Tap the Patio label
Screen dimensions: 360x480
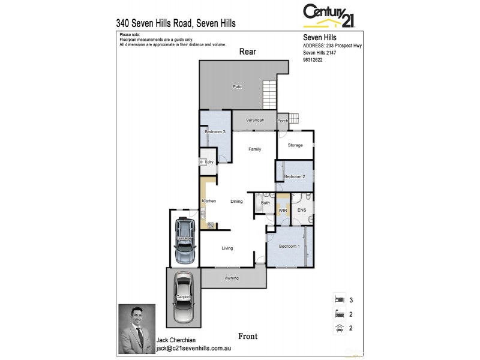[238, 87]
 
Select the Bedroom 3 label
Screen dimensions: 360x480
[215, 131]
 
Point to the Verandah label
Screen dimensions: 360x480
[255, 120]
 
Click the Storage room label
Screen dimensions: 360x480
[295, 145]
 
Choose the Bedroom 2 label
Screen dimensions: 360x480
[295, 176]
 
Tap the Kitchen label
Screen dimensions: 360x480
[209, 201]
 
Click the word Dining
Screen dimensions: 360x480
[236, 201]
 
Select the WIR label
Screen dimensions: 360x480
[283, 211]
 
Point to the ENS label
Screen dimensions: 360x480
[302, 210]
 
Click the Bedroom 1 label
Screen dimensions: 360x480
[290, 247]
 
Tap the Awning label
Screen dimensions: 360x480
[232, 278]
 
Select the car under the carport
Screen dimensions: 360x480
[182, 298]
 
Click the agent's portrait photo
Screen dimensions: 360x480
[137, 328]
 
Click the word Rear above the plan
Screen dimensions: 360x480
[248, 52]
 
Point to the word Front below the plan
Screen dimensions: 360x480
[248, 336]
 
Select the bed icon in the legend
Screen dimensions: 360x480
[338, 299]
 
